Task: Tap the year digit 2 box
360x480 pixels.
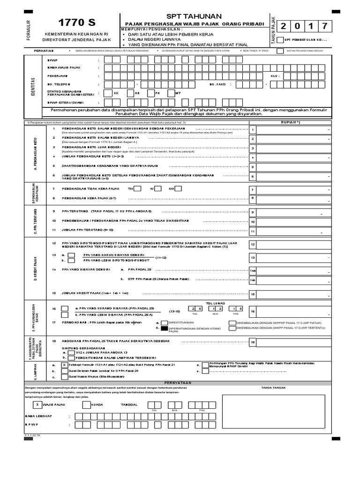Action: pos(284,26)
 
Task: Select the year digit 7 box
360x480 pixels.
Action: pos(327,26)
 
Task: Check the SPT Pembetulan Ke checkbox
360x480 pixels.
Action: pos(280,40)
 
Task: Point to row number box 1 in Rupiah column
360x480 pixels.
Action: pos(253,130)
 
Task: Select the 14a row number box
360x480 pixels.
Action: pos(253,270)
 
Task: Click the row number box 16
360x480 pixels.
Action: pos(253,311)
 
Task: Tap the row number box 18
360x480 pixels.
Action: pos(253,343)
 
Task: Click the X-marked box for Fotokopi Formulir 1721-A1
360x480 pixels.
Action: pos(64,364)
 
